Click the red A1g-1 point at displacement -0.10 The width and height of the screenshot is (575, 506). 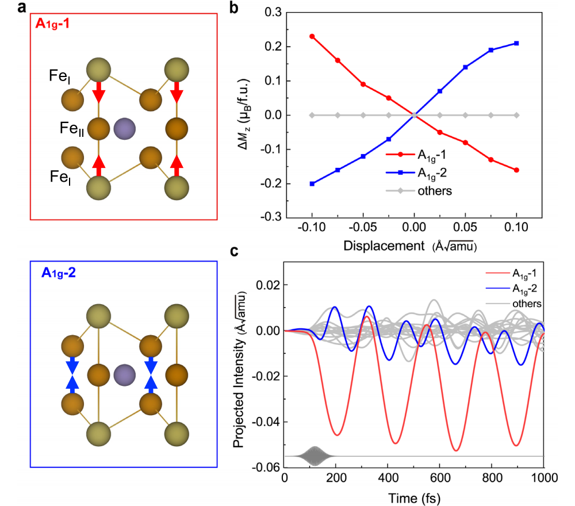coord(312,36)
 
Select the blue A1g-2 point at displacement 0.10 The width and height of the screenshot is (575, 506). coord(516,43)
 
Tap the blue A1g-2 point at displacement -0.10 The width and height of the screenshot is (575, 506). coord(312,184)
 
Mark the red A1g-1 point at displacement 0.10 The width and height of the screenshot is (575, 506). coord(516,170)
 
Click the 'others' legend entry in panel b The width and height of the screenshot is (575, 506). coord(437,191)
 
